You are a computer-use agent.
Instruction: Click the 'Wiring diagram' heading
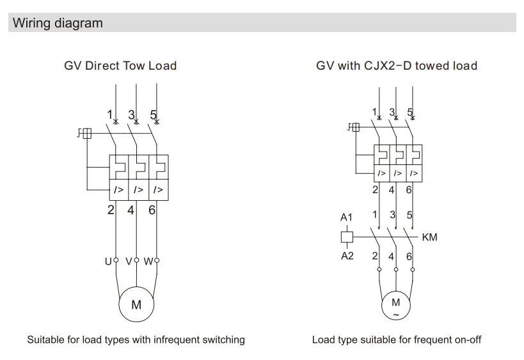(58, 23)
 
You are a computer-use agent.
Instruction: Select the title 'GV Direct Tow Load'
(120, 66)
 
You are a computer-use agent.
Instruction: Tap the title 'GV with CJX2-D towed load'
(397, 66)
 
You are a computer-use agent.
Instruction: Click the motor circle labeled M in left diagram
(136, 305)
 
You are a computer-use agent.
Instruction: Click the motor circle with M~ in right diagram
(395, 306)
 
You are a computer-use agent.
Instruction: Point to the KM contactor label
(430, 237)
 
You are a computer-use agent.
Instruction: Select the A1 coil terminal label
(346, 218)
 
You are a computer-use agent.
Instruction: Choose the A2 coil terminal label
(347, 256)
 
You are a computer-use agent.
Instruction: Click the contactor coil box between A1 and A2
(347, 237)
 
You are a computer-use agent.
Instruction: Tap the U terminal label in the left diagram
(107, 261)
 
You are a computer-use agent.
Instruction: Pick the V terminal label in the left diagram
(128, 261)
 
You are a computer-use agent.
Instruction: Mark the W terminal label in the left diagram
(148, 261)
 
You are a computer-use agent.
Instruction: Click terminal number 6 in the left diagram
(152, 210)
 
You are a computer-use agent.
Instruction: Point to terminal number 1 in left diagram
(110, 115)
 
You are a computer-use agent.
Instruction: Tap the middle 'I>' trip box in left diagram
(138, 190)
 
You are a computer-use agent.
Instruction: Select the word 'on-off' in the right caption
(466, 340)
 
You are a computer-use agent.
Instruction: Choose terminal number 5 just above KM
(409, 215)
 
